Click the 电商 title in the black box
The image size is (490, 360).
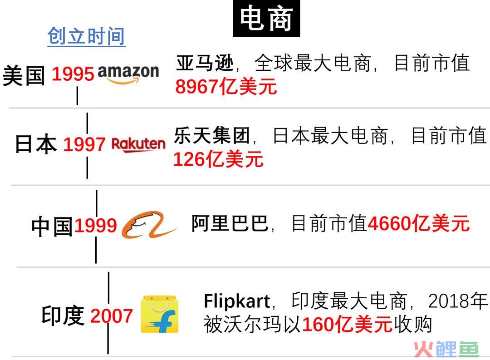coord(266,19)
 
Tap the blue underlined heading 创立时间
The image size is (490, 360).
coord(86,36)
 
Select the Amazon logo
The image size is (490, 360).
coord(128,74)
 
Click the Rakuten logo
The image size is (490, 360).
coord(138,145)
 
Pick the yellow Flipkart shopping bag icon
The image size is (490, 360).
coord(159,314)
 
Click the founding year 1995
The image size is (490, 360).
coord(73,74)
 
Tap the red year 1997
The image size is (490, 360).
coord(84,144)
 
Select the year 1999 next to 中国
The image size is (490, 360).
coord(95,226)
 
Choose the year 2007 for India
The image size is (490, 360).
coord(112,316)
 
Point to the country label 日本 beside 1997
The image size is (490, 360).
coord(36,144)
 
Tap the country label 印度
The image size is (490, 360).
coord(63,316)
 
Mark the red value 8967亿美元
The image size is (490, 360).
coord(226,86)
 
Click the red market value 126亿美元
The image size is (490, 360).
coord(218,159)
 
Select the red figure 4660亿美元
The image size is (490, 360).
coord(418,223)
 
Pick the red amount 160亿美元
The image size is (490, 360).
coord(347,324)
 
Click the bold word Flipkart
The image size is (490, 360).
coord(237,301)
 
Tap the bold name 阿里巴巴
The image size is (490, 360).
coord(230,223)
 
